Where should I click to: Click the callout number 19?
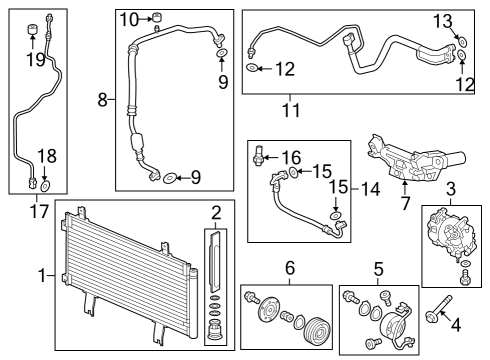(x=33, y=58)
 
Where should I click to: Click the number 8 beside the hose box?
(x=102, y=99)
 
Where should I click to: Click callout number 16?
(x=291, y=157)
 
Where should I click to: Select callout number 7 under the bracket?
(x=405, y=202)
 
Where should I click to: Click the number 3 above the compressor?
(x=451, y=188)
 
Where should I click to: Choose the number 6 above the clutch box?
(x=290, y=267)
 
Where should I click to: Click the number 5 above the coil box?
(x=378, y=267)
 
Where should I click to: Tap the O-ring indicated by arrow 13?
(x=461, y=42)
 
